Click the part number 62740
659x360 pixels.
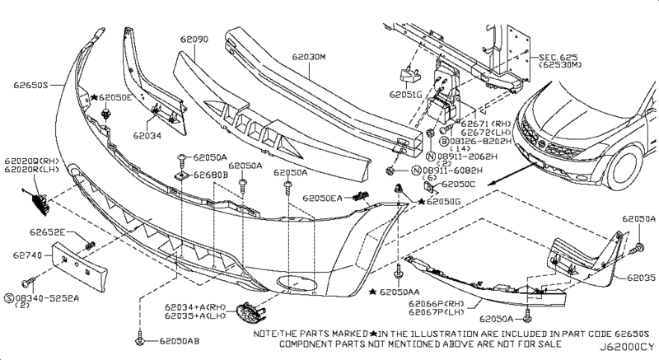coord(25,255)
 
